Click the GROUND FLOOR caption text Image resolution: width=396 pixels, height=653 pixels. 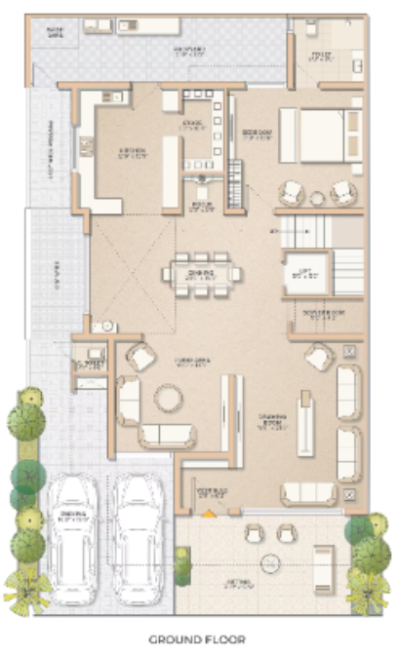pyautogui.click(x=197, y=639)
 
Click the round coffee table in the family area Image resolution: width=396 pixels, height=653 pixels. pyautogui.click(x=168, y=398)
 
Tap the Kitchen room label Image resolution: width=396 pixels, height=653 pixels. pyautogui.click(x=133, y=151)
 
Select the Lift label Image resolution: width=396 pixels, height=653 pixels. pyautogui.click(x=304, y=273)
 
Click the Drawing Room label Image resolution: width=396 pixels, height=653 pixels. pyautogui.click(x=272, y=420)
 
